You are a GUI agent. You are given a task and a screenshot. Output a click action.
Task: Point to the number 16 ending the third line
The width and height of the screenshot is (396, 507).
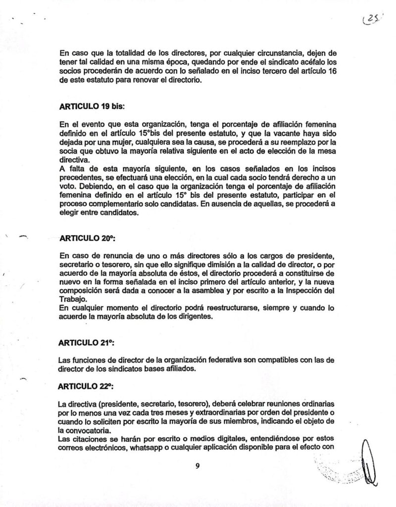point(329,75)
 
